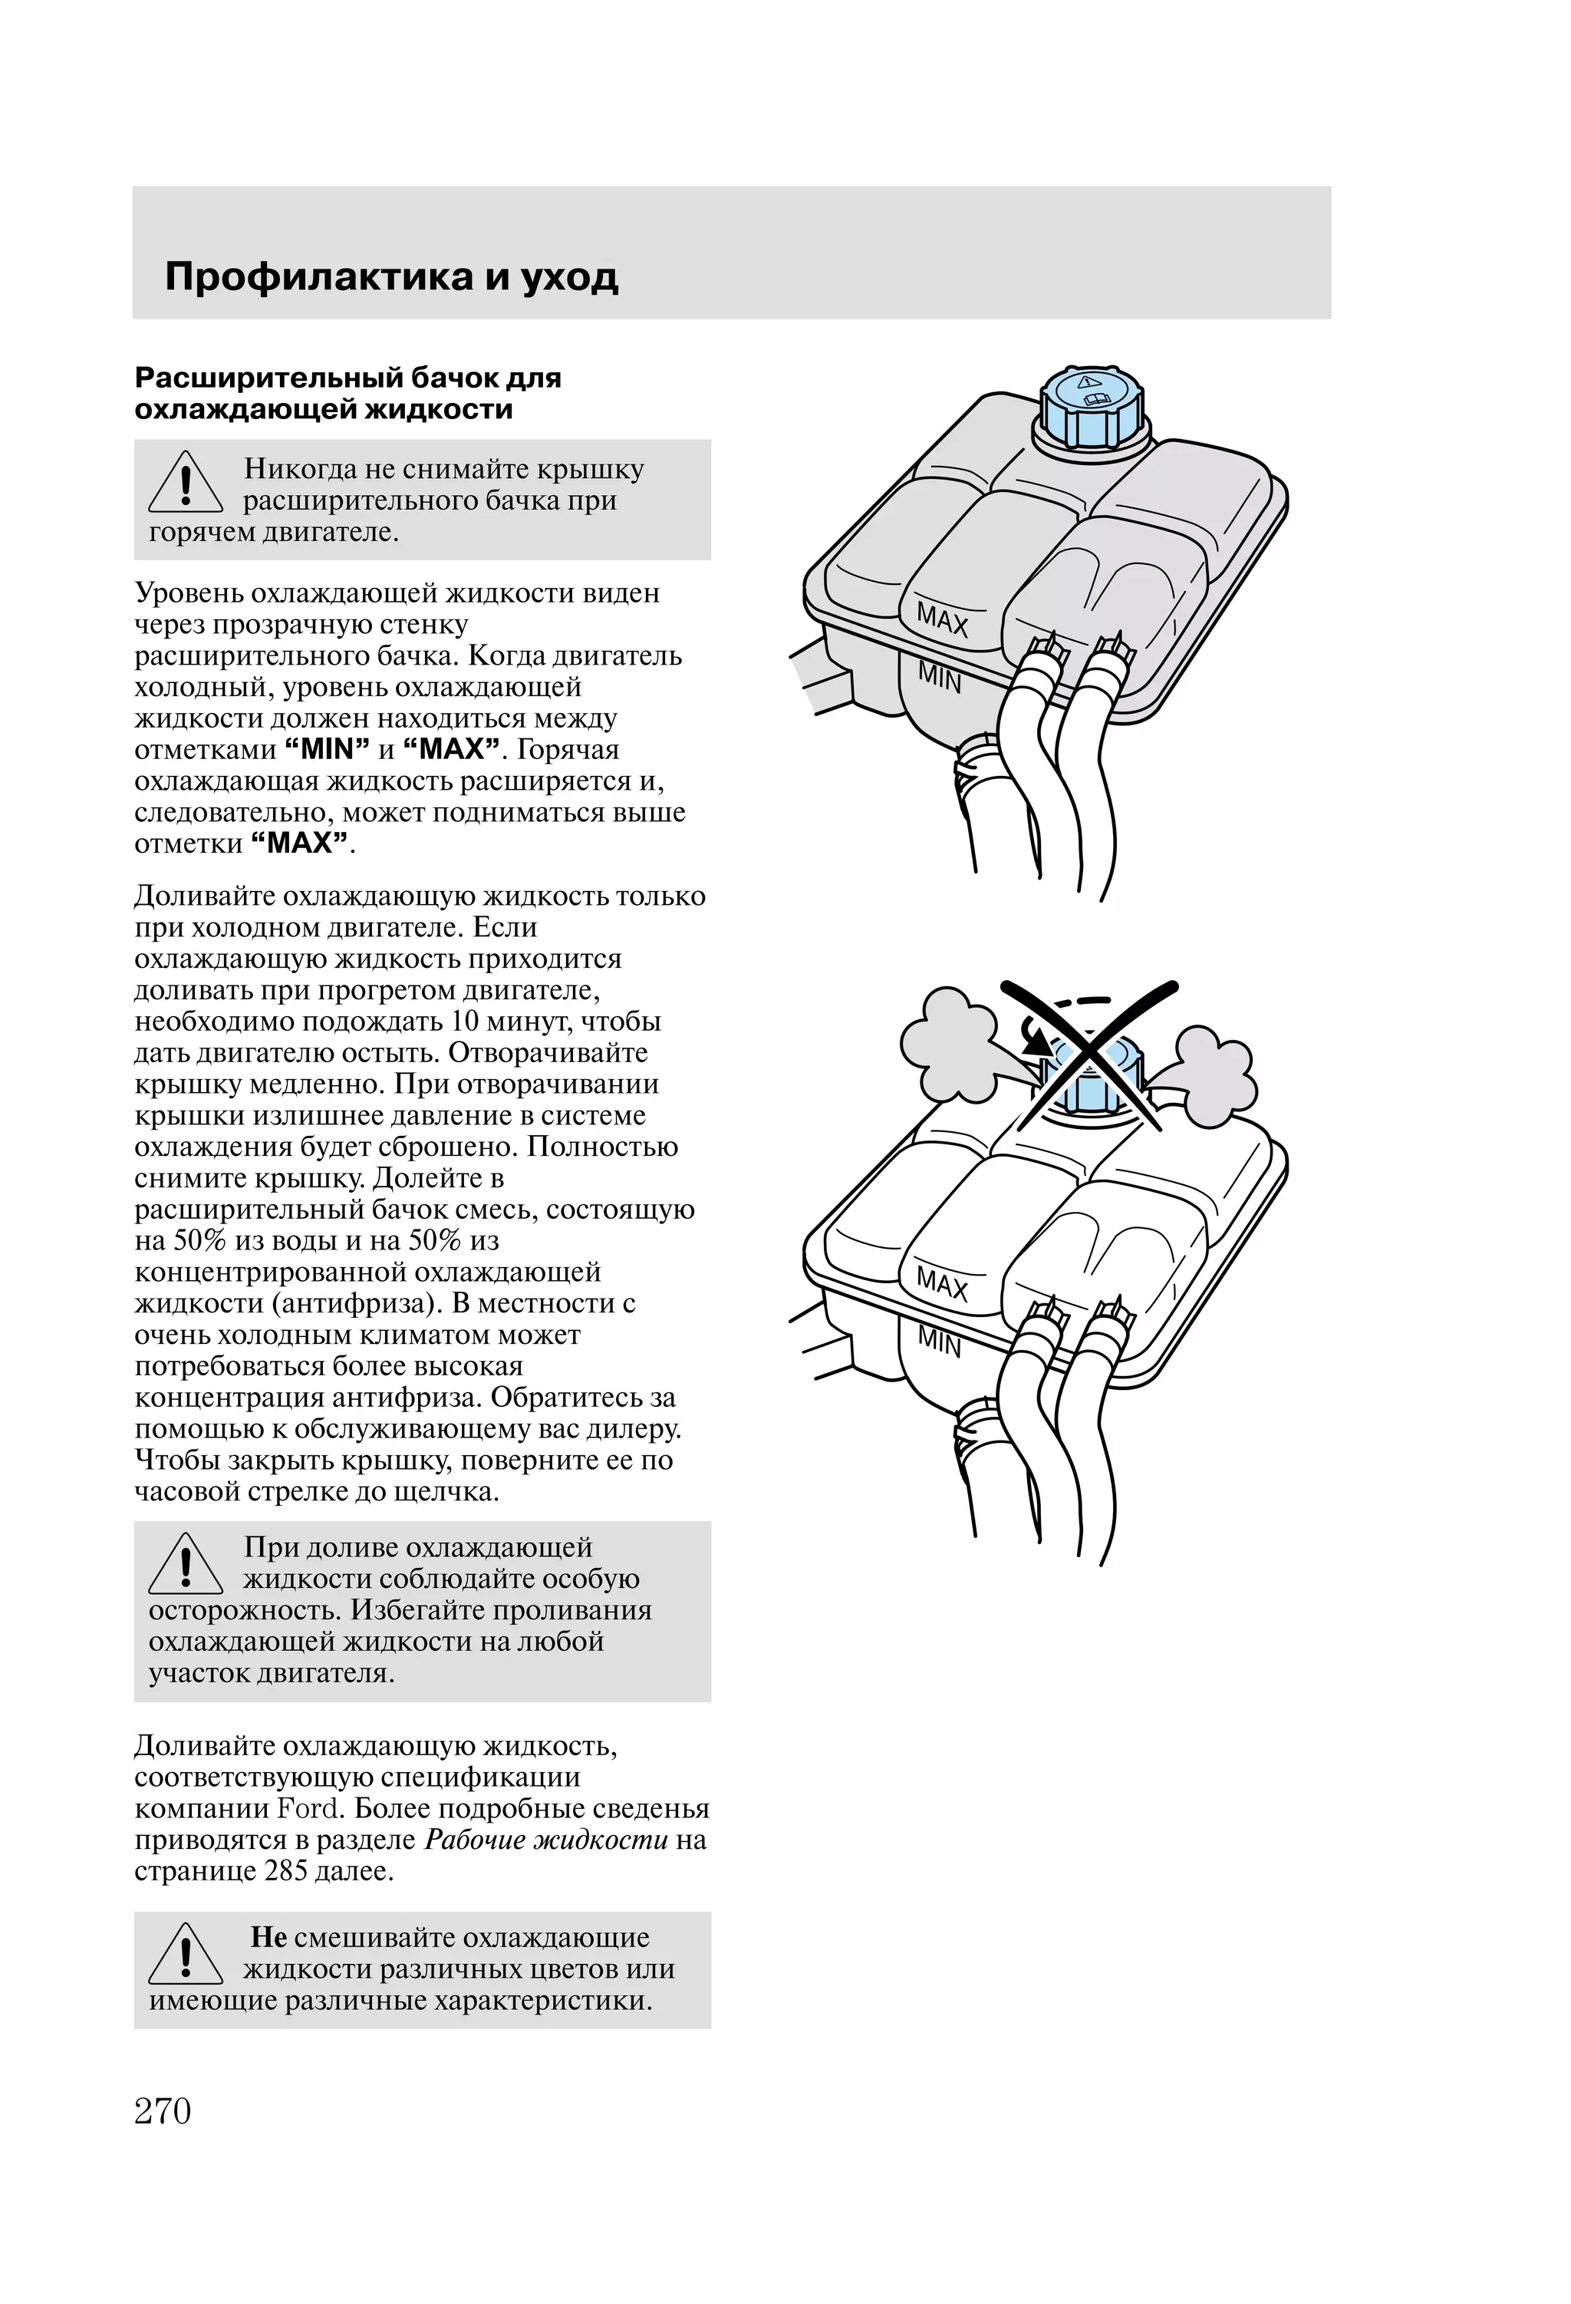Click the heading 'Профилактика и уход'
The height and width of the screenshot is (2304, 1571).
pos(391,276)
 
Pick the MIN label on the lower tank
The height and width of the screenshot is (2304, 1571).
pos(939,1342)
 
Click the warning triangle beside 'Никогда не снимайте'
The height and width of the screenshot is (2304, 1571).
pos(186,484)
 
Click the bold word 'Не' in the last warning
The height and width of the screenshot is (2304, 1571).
pos(268,1937)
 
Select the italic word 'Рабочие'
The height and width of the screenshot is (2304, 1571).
pos(474,1840)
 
